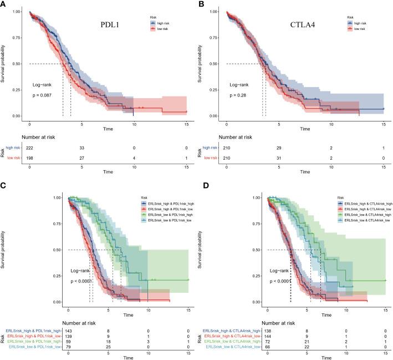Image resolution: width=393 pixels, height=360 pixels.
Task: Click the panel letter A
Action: tap(4, 4)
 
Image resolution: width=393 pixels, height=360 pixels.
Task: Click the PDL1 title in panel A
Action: tap(106, 24)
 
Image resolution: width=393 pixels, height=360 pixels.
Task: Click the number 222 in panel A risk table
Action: tap(30, 148)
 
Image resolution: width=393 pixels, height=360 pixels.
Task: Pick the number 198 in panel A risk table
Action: tap(30, 159)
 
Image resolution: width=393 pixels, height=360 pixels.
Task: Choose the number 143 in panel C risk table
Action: tap(68, 331)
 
